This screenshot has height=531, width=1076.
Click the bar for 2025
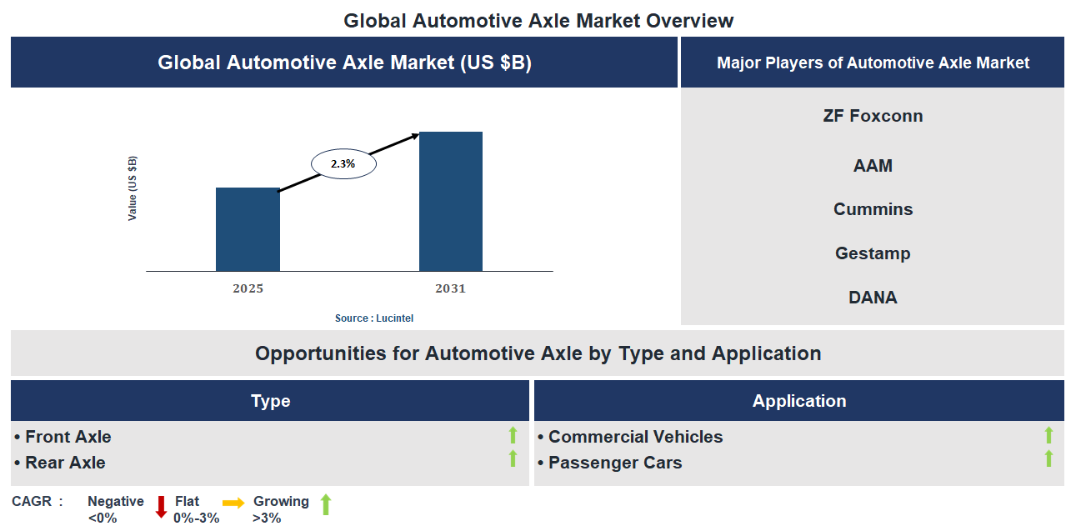(248, 229)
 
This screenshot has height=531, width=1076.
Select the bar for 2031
(450, 201)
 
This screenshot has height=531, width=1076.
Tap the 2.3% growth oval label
(343, 164)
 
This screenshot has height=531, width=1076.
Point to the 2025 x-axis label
(248, 289)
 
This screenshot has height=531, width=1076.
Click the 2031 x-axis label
(450, 289)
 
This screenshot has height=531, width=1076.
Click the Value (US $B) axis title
(133, 188)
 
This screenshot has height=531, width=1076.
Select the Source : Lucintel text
(374, 318)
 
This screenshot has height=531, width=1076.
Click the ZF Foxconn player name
(873, 116)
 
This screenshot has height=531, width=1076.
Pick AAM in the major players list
(873, 166)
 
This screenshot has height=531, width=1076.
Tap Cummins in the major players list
(873, 209)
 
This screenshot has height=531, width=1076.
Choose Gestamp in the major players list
(873, 253)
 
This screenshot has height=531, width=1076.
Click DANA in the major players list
(873, 298)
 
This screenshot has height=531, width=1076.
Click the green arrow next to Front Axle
(513, 434)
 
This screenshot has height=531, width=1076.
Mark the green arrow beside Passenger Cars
(1048, 458)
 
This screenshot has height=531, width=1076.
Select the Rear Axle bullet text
(65, 462)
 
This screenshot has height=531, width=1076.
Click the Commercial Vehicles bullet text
(635, 437)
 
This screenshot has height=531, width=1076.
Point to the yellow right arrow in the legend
(233, 503)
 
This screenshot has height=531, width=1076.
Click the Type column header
(270, 401)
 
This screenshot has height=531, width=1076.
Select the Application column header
(798, 401)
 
